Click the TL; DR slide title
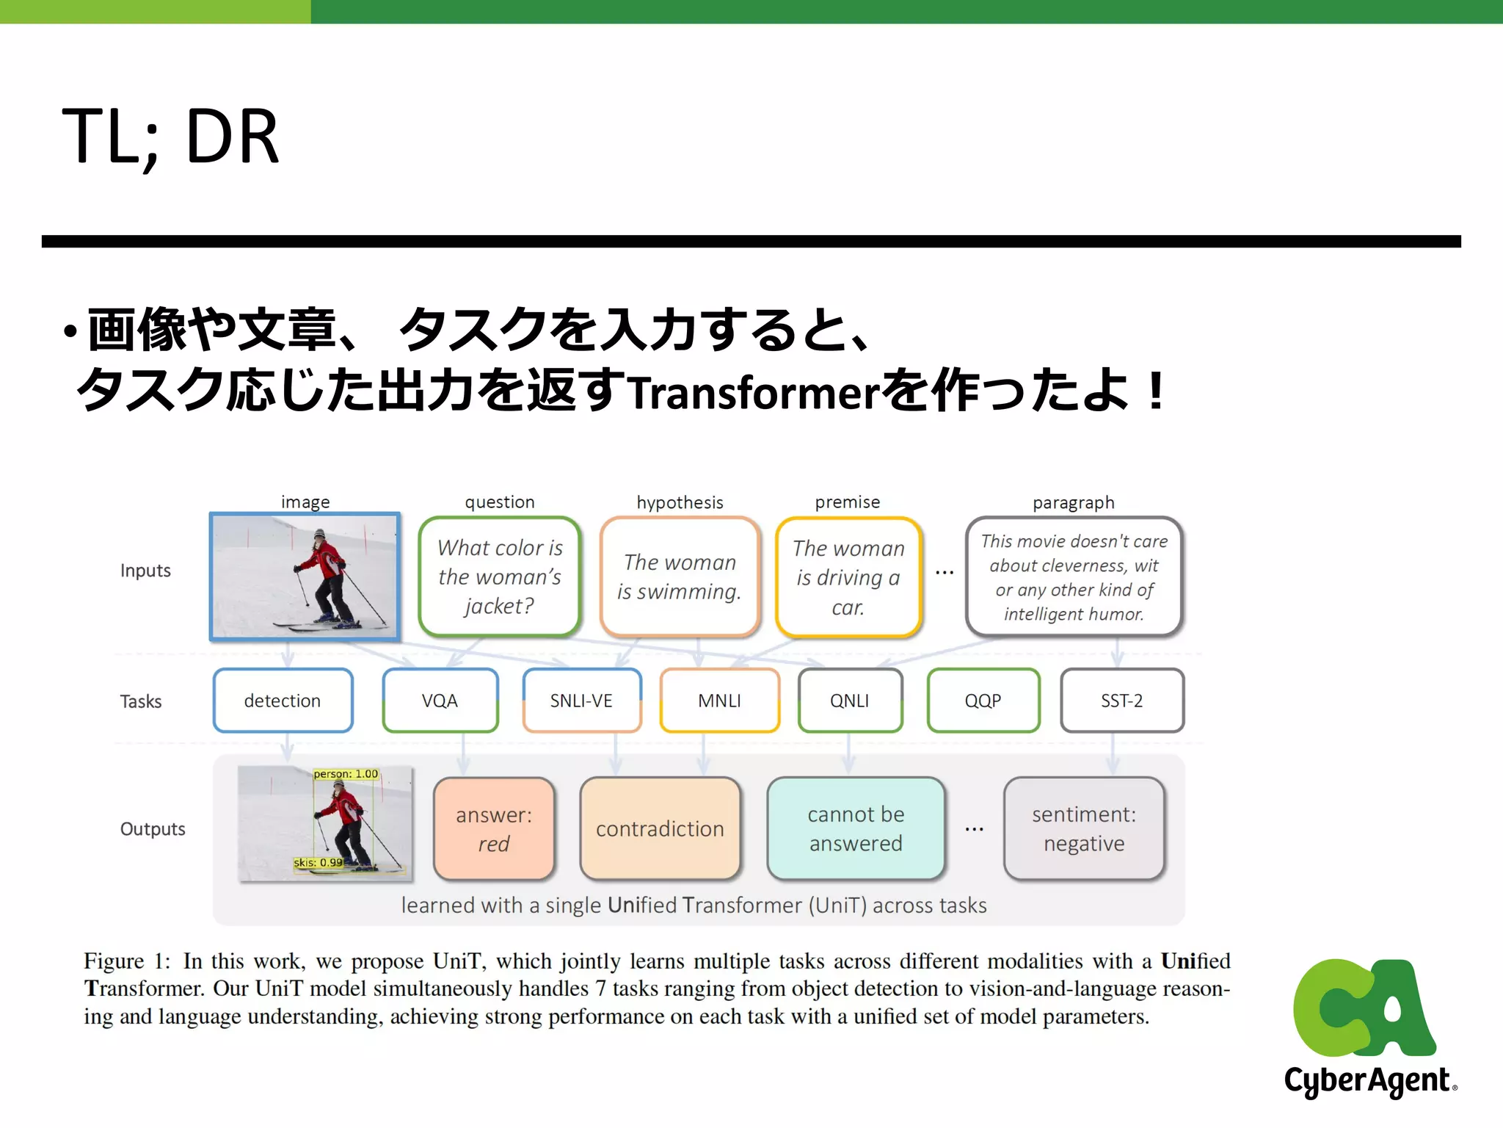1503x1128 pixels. coord(170,137)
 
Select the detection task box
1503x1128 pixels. coord(283,701)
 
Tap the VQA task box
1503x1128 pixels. coord(440,701)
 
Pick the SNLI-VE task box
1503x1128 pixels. coord(581,701)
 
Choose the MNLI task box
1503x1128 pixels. coord(719,701)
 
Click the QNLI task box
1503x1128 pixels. coord(849,701)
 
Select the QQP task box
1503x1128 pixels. coord(983,701)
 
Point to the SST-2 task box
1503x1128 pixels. coord(1121,701)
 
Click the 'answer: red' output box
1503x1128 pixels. coord(494,828)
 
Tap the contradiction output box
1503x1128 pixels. coord(660,828)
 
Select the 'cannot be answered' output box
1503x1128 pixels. coord(856,828)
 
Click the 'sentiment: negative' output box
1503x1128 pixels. coord(1084,828)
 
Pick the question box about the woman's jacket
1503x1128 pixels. coord(500,576)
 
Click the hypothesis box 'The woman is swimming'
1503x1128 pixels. coord(680,576)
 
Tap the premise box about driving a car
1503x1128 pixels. coord(848,577)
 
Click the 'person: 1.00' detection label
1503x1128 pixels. coord(346,774)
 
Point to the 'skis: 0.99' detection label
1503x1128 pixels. coord(318,862)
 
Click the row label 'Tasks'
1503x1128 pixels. coord(141,701)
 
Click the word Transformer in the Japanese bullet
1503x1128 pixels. coord(753,393)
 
